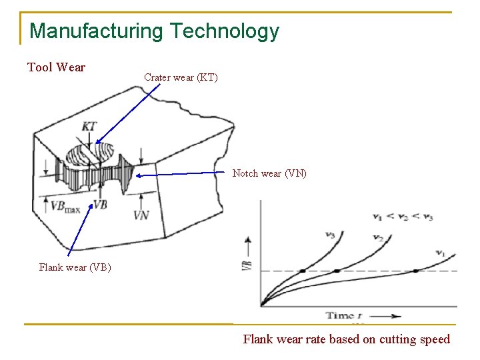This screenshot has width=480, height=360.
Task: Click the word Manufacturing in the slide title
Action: tap(97, 31)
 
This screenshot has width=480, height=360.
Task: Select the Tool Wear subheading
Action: tap(56, 67)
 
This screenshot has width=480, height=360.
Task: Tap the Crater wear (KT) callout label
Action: tap(180, 77)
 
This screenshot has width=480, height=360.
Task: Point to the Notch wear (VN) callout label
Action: tap(269, 173)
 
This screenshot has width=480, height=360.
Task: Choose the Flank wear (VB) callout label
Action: tap(75, 268)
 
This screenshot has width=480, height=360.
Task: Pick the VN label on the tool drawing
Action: tap(141, 215)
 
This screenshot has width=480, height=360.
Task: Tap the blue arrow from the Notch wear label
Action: tap(180, 174)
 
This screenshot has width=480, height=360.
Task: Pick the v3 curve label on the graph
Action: tap(330, 235)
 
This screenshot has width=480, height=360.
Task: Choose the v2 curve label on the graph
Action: tap(377, 237)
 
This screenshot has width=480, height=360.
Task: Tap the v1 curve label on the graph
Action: tap(440, 253)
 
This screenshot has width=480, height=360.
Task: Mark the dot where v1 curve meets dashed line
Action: tap(415, 271)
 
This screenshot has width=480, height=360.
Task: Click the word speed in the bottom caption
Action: tap(435, 339)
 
